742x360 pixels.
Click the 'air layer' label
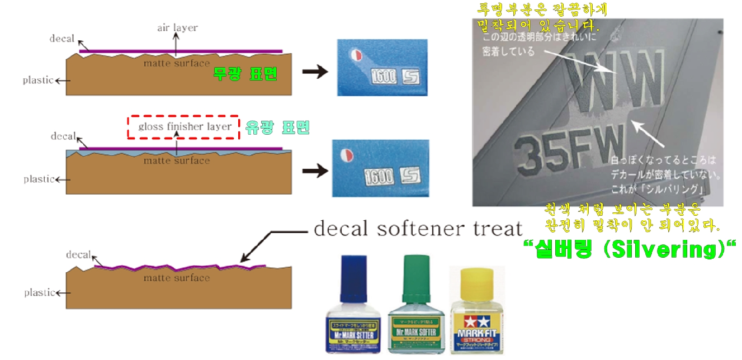click(176, 27)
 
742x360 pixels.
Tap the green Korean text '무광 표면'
click(245, 74)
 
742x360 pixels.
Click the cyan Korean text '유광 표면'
click(277, 128)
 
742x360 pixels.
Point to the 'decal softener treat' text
click(418, 228)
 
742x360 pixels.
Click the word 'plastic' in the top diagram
click(38, 80)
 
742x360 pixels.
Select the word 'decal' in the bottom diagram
click(78, 255)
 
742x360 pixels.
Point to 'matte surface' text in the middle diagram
click(176, 161)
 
